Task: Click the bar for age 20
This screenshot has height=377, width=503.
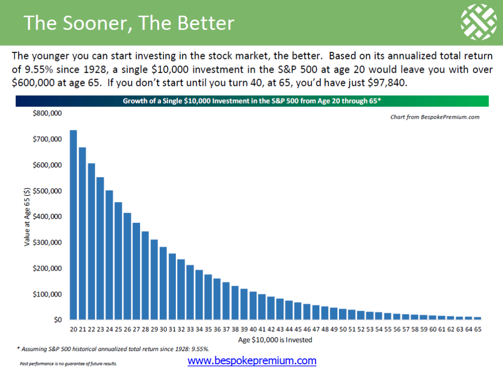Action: pyautogui.click(x=74, y=225)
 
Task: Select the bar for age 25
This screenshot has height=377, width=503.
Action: pyautogui.click(x=118, y=261)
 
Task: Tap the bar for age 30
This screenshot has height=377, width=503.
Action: pyautogui.click(x=163, y=283)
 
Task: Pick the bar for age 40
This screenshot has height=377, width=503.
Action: pyautogui.click(x=253, y=305)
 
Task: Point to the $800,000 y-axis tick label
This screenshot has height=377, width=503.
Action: pyautogui.click(x=47, y=113)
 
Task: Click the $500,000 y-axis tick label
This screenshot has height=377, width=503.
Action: pyautogui.click(x=47, y=191)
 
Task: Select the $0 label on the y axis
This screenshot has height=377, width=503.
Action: pyautogui.click(x=58, y=320)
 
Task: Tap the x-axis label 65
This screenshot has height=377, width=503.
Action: pyautogui.click(x=477, y=329)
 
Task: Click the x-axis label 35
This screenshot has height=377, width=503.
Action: pyautogui.click(x=208, y=329)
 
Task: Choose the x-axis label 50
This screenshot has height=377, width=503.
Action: pyautogui.click(x=343, y=329)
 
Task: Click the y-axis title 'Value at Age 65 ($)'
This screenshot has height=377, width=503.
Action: pyautogui.click(x=27, y=216)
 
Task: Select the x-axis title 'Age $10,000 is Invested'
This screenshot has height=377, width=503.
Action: pyautogui.click(x=275, y=340)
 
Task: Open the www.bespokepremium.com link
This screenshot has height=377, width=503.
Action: pyautogui.click(x=252, y=361)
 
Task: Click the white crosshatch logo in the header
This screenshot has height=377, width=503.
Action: pyautogui.click(x=478, y=22)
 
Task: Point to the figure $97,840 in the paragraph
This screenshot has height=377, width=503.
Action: pyautogui.click(x=387, y=82)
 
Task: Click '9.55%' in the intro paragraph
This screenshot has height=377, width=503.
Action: pyautogui.click(x=38, y=69)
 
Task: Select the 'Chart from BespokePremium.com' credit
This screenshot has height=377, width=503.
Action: pyautogui.click(x=435, y=117)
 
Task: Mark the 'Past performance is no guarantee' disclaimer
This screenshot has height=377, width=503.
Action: pyautogui.click(x=68, y=364)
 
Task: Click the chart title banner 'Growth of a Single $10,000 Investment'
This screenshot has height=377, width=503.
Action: pyautogui.click(x=252, y=101)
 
